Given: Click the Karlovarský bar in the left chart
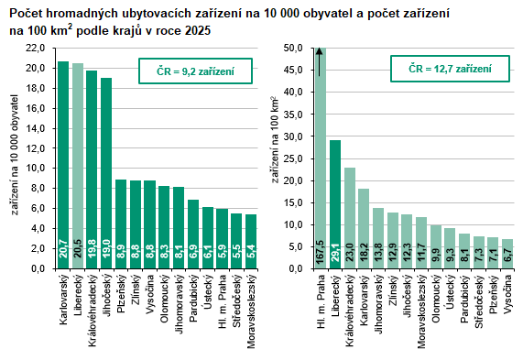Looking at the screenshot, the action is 63,165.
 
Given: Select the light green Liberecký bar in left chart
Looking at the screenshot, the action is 78,166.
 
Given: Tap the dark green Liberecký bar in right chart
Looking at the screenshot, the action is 335,204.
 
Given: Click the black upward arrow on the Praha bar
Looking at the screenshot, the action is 320,62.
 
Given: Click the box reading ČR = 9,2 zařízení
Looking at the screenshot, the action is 195,71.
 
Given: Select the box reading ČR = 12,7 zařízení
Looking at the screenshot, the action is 450,69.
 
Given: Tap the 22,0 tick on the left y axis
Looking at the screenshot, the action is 35,48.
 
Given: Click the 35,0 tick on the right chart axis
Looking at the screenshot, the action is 293,115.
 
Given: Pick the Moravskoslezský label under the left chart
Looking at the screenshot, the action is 252,311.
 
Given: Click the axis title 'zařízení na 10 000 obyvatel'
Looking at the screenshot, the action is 15,155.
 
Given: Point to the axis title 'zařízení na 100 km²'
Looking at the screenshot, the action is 275,140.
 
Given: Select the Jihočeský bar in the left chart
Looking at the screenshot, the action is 106,173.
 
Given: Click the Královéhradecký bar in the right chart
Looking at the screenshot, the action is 350,218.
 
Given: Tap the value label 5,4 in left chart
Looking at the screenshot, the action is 252,252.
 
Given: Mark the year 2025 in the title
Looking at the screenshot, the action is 198,31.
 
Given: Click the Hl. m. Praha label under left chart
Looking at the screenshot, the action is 223,296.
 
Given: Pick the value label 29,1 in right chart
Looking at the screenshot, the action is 335,254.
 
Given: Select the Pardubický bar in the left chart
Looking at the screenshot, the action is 193,234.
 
